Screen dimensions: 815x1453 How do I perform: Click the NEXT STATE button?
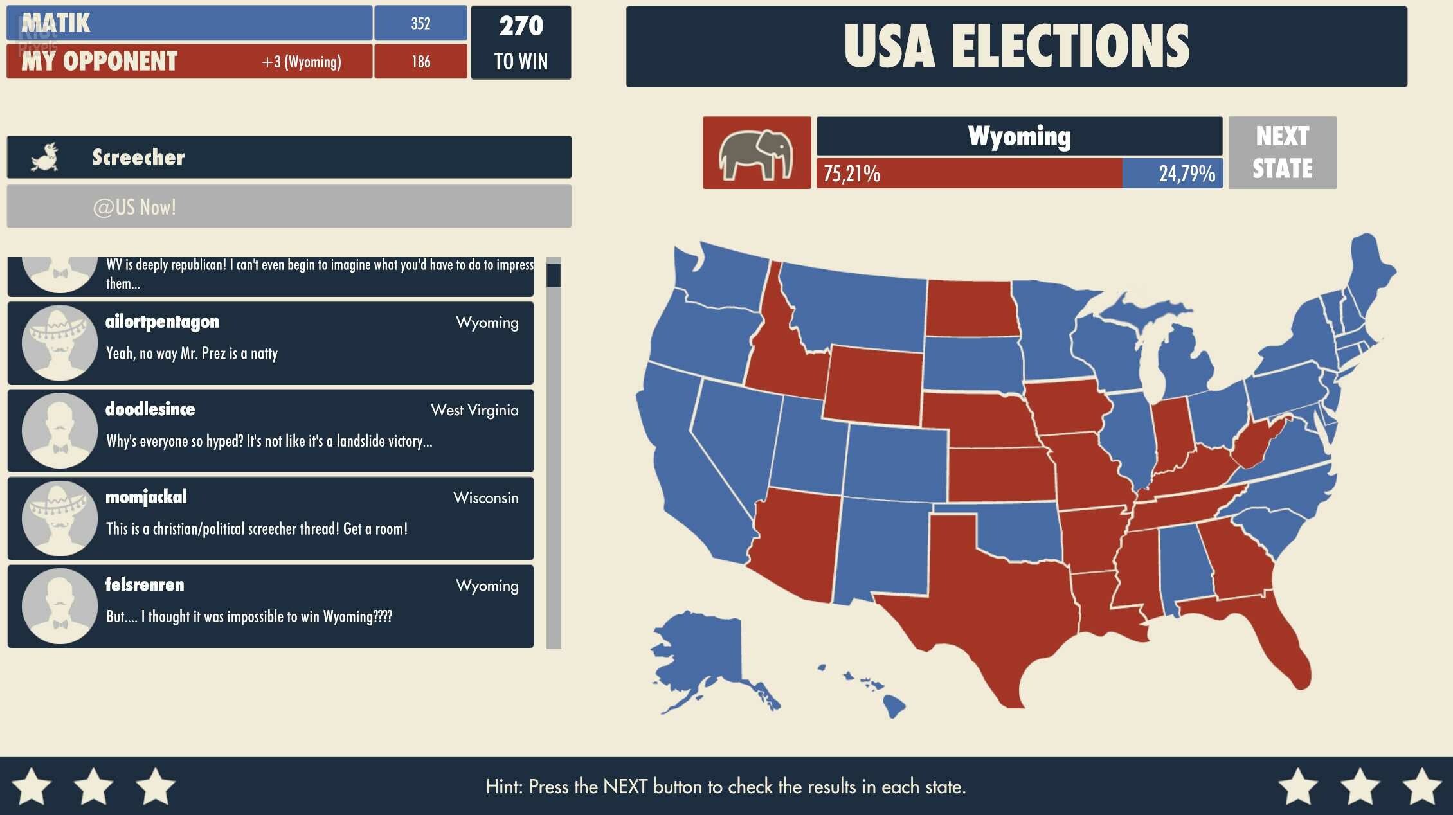point(1282,152)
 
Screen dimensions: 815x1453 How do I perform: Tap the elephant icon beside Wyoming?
point(756,153)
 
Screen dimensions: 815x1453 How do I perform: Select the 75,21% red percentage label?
point(851,174)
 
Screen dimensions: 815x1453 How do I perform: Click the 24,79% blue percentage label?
point(1186,174)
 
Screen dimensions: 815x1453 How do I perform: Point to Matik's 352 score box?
point(420,24)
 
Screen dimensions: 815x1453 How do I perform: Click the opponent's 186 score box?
point(420,62)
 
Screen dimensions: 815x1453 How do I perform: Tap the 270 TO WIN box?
point(521,43)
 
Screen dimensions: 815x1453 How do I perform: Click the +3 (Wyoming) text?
point(302,62)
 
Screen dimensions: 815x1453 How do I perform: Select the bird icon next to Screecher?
point(45,157)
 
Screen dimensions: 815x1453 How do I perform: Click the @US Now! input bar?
point(289,207)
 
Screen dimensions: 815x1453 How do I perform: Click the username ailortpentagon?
point(162,321)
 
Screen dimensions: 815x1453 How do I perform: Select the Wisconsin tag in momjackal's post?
point(485,498)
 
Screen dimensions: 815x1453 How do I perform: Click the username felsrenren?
point(145,584)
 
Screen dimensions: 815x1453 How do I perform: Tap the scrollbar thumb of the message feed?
point(554,275)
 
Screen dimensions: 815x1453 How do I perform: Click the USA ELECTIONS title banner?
point(1016,46)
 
